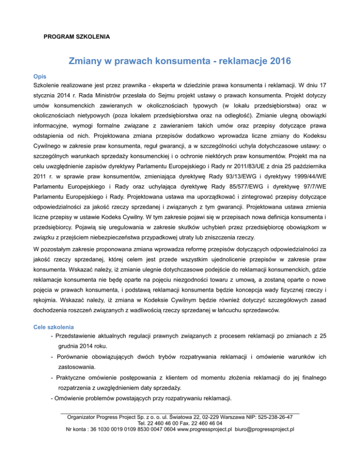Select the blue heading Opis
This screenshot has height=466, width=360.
point(39,76)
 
